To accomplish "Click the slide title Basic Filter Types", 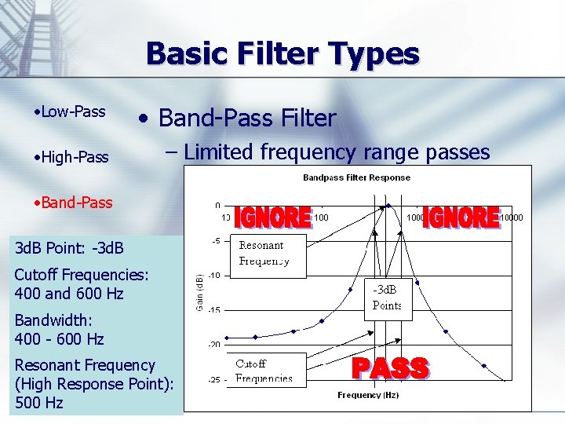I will point(282,54).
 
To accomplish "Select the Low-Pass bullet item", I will point(71,111).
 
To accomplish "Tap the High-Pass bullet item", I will point(72,157).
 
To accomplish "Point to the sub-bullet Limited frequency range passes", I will point(337,152).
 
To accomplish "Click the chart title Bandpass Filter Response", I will point(356,177).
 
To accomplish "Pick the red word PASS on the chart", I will point(390,368).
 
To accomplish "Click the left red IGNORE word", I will point(273,217).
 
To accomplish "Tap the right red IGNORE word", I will point(461,217).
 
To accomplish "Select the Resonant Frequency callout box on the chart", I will point(272,253).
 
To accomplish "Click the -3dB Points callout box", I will point(388,298).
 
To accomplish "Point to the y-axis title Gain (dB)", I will point(199,292).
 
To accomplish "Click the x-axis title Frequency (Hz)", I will point(368,395).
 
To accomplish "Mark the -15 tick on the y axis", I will point(213,309).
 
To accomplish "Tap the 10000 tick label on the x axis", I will point(512,217).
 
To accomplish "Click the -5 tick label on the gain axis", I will point(216,240).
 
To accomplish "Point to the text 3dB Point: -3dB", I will point(69,248).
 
